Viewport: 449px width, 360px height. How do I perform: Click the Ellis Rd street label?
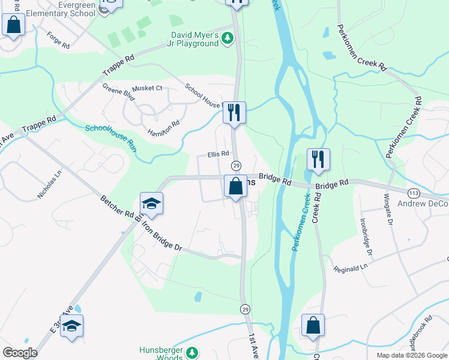tap(219, 154)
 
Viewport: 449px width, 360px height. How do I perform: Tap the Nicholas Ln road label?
tap(50, 185)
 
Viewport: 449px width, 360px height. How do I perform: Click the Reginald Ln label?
tap(350, 268)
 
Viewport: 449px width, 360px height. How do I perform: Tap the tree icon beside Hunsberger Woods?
tap(192, 353)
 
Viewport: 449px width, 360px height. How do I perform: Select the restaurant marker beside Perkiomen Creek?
tap(318, 159)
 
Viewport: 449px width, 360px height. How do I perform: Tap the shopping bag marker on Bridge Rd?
tap(236, 186)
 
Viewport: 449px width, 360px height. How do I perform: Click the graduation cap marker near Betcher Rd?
tap(151, 203)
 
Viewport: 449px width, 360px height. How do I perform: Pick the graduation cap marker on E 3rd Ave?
tap(71, 326)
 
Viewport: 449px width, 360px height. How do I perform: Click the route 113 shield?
tap(413, 193)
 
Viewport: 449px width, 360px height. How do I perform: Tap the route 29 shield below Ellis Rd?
tap(236, 166)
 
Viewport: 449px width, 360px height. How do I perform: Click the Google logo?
tap(20, 353)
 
